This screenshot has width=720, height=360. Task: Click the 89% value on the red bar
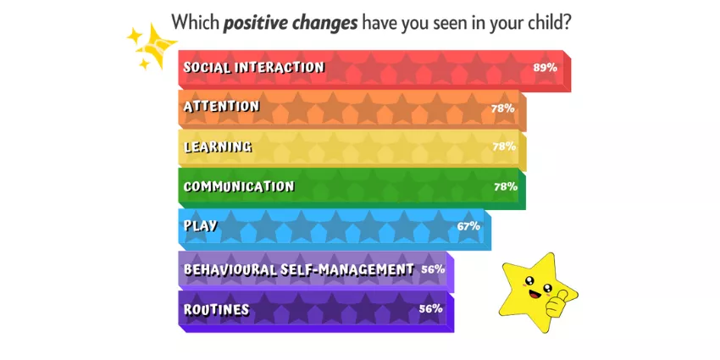(x=545, y=68)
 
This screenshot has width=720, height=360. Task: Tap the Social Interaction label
(x=254, y=68)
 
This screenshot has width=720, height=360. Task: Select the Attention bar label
(x=221, y=107)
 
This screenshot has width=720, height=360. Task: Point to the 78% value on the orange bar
(x=502, y=108)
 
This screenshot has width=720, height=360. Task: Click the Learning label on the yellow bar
(x=218, y=147)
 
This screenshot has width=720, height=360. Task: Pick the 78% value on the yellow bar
(x=504, y=147)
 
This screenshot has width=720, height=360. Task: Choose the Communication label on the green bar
(x=239, y=187)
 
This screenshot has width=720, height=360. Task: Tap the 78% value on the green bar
(x=506, y=186)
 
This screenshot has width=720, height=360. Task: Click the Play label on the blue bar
(x=200, y=226)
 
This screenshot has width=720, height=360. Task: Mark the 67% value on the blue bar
(x=468, y=226)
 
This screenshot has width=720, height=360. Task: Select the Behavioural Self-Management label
(x=299, y=269)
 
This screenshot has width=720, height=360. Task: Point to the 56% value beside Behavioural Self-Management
(x=433, y=269)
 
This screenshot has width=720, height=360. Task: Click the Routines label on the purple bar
(x=216, y=309)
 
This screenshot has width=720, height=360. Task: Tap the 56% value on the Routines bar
(x=430, y=308)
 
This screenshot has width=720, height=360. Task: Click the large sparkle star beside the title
(x=157, y=46)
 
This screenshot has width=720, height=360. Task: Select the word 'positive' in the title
(x=254, y=22)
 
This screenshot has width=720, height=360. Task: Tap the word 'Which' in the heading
(x=195, y=21)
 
